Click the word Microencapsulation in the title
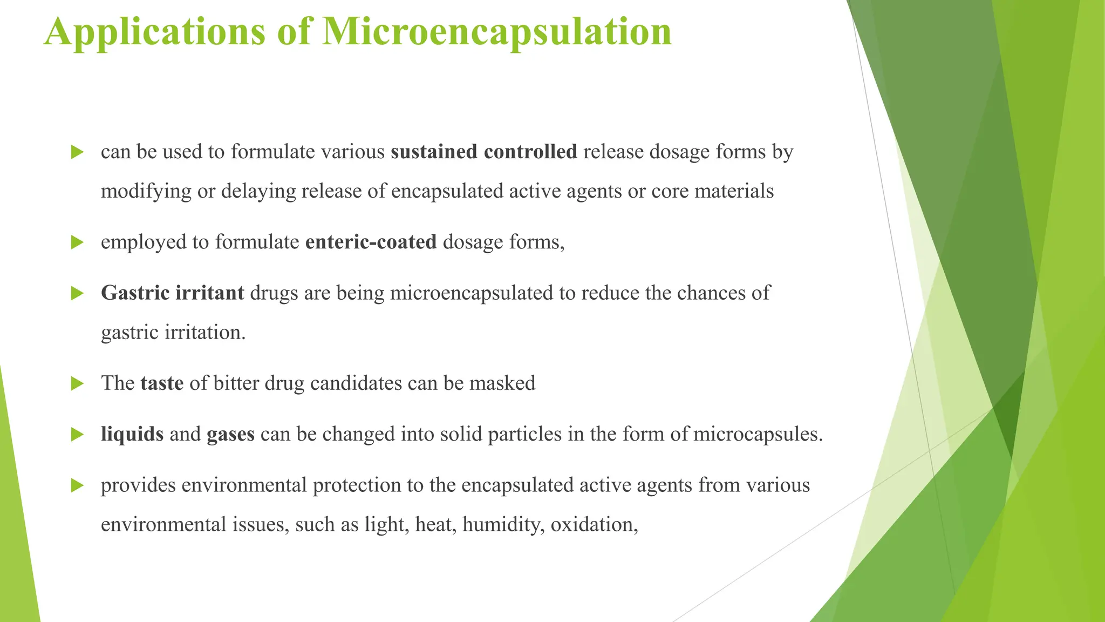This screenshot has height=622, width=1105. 496,31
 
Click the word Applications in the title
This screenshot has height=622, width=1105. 155,31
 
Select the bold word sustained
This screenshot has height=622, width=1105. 434,152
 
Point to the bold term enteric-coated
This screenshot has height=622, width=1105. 371,242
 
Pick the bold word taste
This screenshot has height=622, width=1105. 162,383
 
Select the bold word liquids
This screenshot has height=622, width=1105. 132,434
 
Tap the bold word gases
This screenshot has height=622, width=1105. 230,434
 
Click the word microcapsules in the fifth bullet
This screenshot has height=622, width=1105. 758,434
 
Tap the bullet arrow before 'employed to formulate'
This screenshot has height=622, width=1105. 77,242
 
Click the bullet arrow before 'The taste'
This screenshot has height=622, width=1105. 77,384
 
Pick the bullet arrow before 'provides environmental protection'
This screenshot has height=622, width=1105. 77,485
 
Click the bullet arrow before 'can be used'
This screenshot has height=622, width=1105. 77,152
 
